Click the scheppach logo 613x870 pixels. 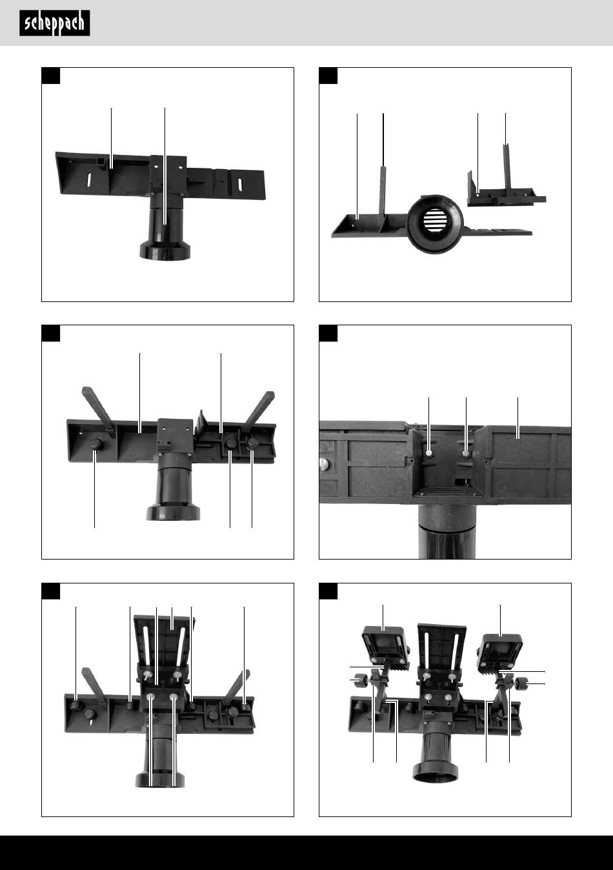pos(55,23)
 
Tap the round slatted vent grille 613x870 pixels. pos(435,221)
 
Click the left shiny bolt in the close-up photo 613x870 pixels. pos(428,453)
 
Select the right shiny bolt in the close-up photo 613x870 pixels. pos(466,453)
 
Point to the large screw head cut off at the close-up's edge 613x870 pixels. pos(325,463)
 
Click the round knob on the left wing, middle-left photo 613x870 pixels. pos(95,444)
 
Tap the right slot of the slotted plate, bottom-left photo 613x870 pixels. pos(181,644)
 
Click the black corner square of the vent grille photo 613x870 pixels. pos(328,76)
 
